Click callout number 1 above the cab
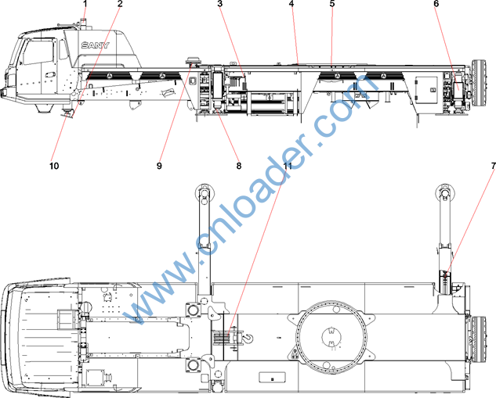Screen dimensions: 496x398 (x=85, y=3)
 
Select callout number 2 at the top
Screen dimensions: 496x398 (x=120, y=3)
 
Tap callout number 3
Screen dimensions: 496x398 (x=220, y=3)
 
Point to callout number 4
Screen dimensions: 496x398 (x=291, y=3)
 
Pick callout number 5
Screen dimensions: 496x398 (x=331, y=3)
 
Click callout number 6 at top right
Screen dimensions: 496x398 (x=436, y=3)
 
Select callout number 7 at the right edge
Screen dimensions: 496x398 (x=493, y=166)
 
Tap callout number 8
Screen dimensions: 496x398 (x=239, y=166)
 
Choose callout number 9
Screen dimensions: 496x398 (x=159, y=166)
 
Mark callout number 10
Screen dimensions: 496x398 (x=54, y=166)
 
